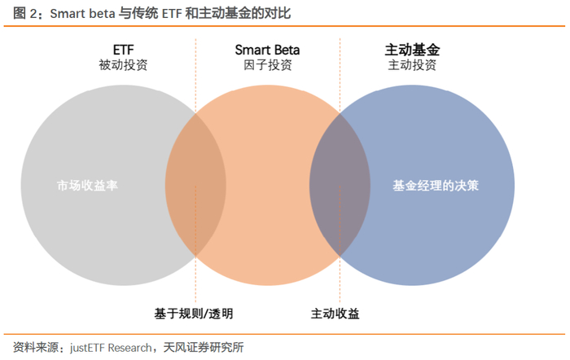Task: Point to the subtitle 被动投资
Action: tap(123, 66)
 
